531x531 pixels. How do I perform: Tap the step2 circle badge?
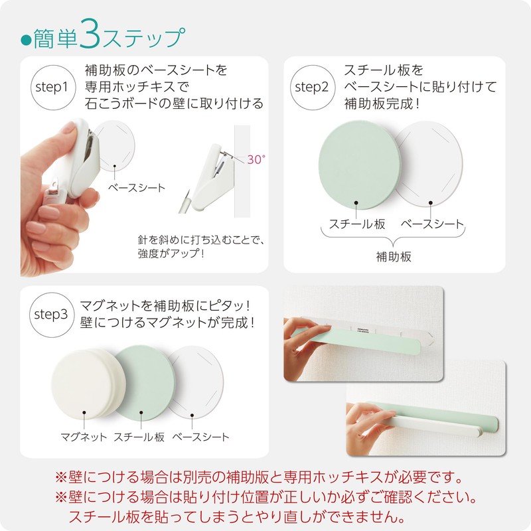click(x=311, y=87)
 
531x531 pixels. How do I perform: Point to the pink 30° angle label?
click(x=256, y=159)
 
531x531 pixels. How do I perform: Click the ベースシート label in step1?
click(x=137, y=188)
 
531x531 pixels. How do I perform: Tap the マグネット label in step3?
click(x=84, y=437)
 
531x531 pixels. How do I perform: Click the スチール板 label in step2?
click(x=357, y=224)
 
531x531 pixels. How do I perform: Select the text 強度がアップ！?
click(x=171, y=254)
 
